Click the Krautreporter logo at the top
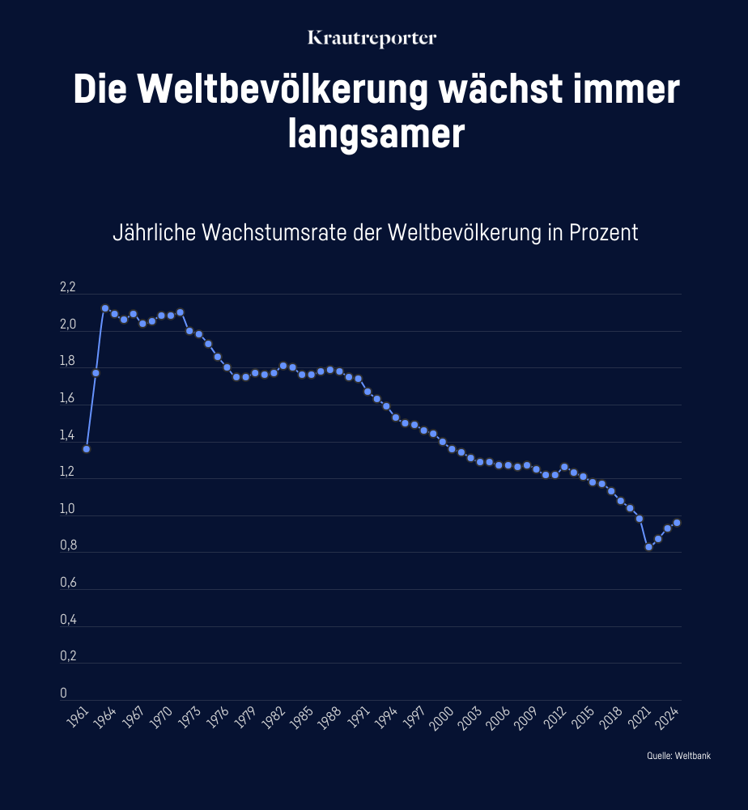click(x=373, y=38)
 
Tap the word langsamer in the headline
click(x=376, y=134)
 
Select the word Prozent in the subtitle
click(x=604, y=232)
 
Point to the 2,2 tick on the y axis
click(x=67, y=288)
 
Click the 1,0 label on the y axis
click(x=67, y=510)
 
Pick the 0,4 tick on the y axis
click(x=67, y=621)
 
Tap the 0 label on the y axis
click(x=63, y=694)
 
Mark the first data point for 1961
click(x=87, y=449)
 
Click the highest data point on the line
click(x=105, y=308)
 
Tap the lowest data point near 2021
click(x=648, y=547)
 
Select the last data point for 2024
click(x=677, y=523)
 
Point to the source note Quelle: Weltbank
click(x=678, y=756)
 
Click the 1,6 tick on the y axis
click(x=67, y=399)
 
